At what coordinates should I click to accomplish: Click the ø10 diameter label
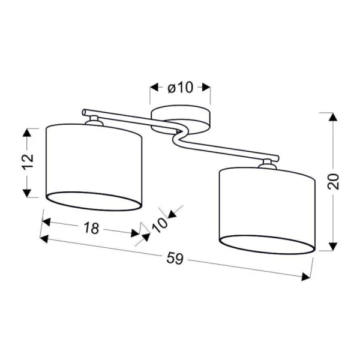tap(181, 88)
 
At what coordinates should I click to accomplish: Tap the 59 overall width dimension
tap(175, 258)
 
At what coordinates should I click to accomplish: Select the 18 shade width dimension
tap(91, 228)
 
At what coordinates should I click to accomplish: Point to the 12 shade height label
tap(28, 161)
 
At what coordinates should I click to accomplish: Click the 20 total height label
tap(333, 181)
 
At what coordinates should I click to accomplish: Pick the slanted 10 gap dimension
tap(160, 225)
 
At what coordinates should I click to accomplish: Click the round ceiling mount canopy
tap(180, 119)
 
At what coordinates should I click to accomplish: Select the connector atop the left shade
tap(94, 121)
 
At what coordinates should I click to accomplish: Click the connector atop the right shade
tap(267, 164)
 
